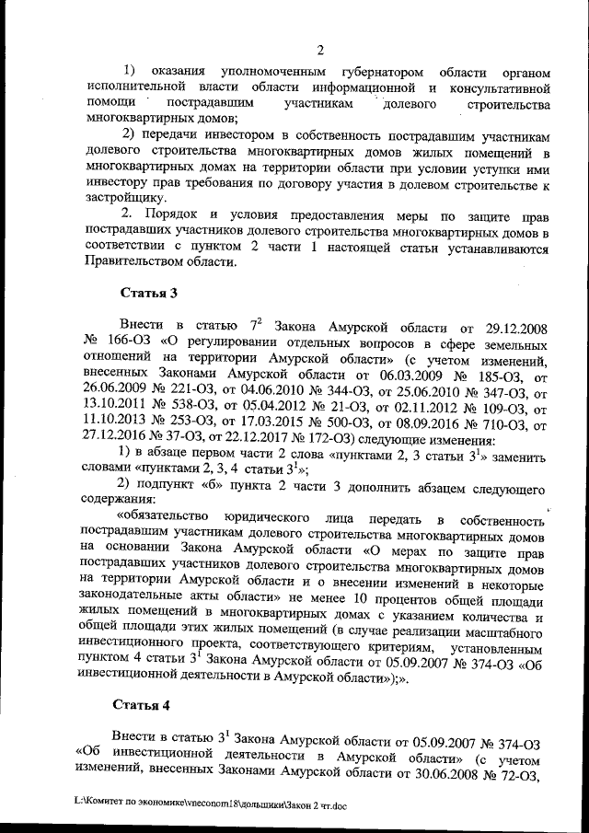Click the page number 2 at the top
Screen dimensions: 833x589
click(x=318, y=50)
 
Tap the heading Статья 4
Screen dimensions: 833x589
click(x=142, y=705)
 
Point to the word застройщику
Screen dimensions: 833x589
click(x=124, y=197)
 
